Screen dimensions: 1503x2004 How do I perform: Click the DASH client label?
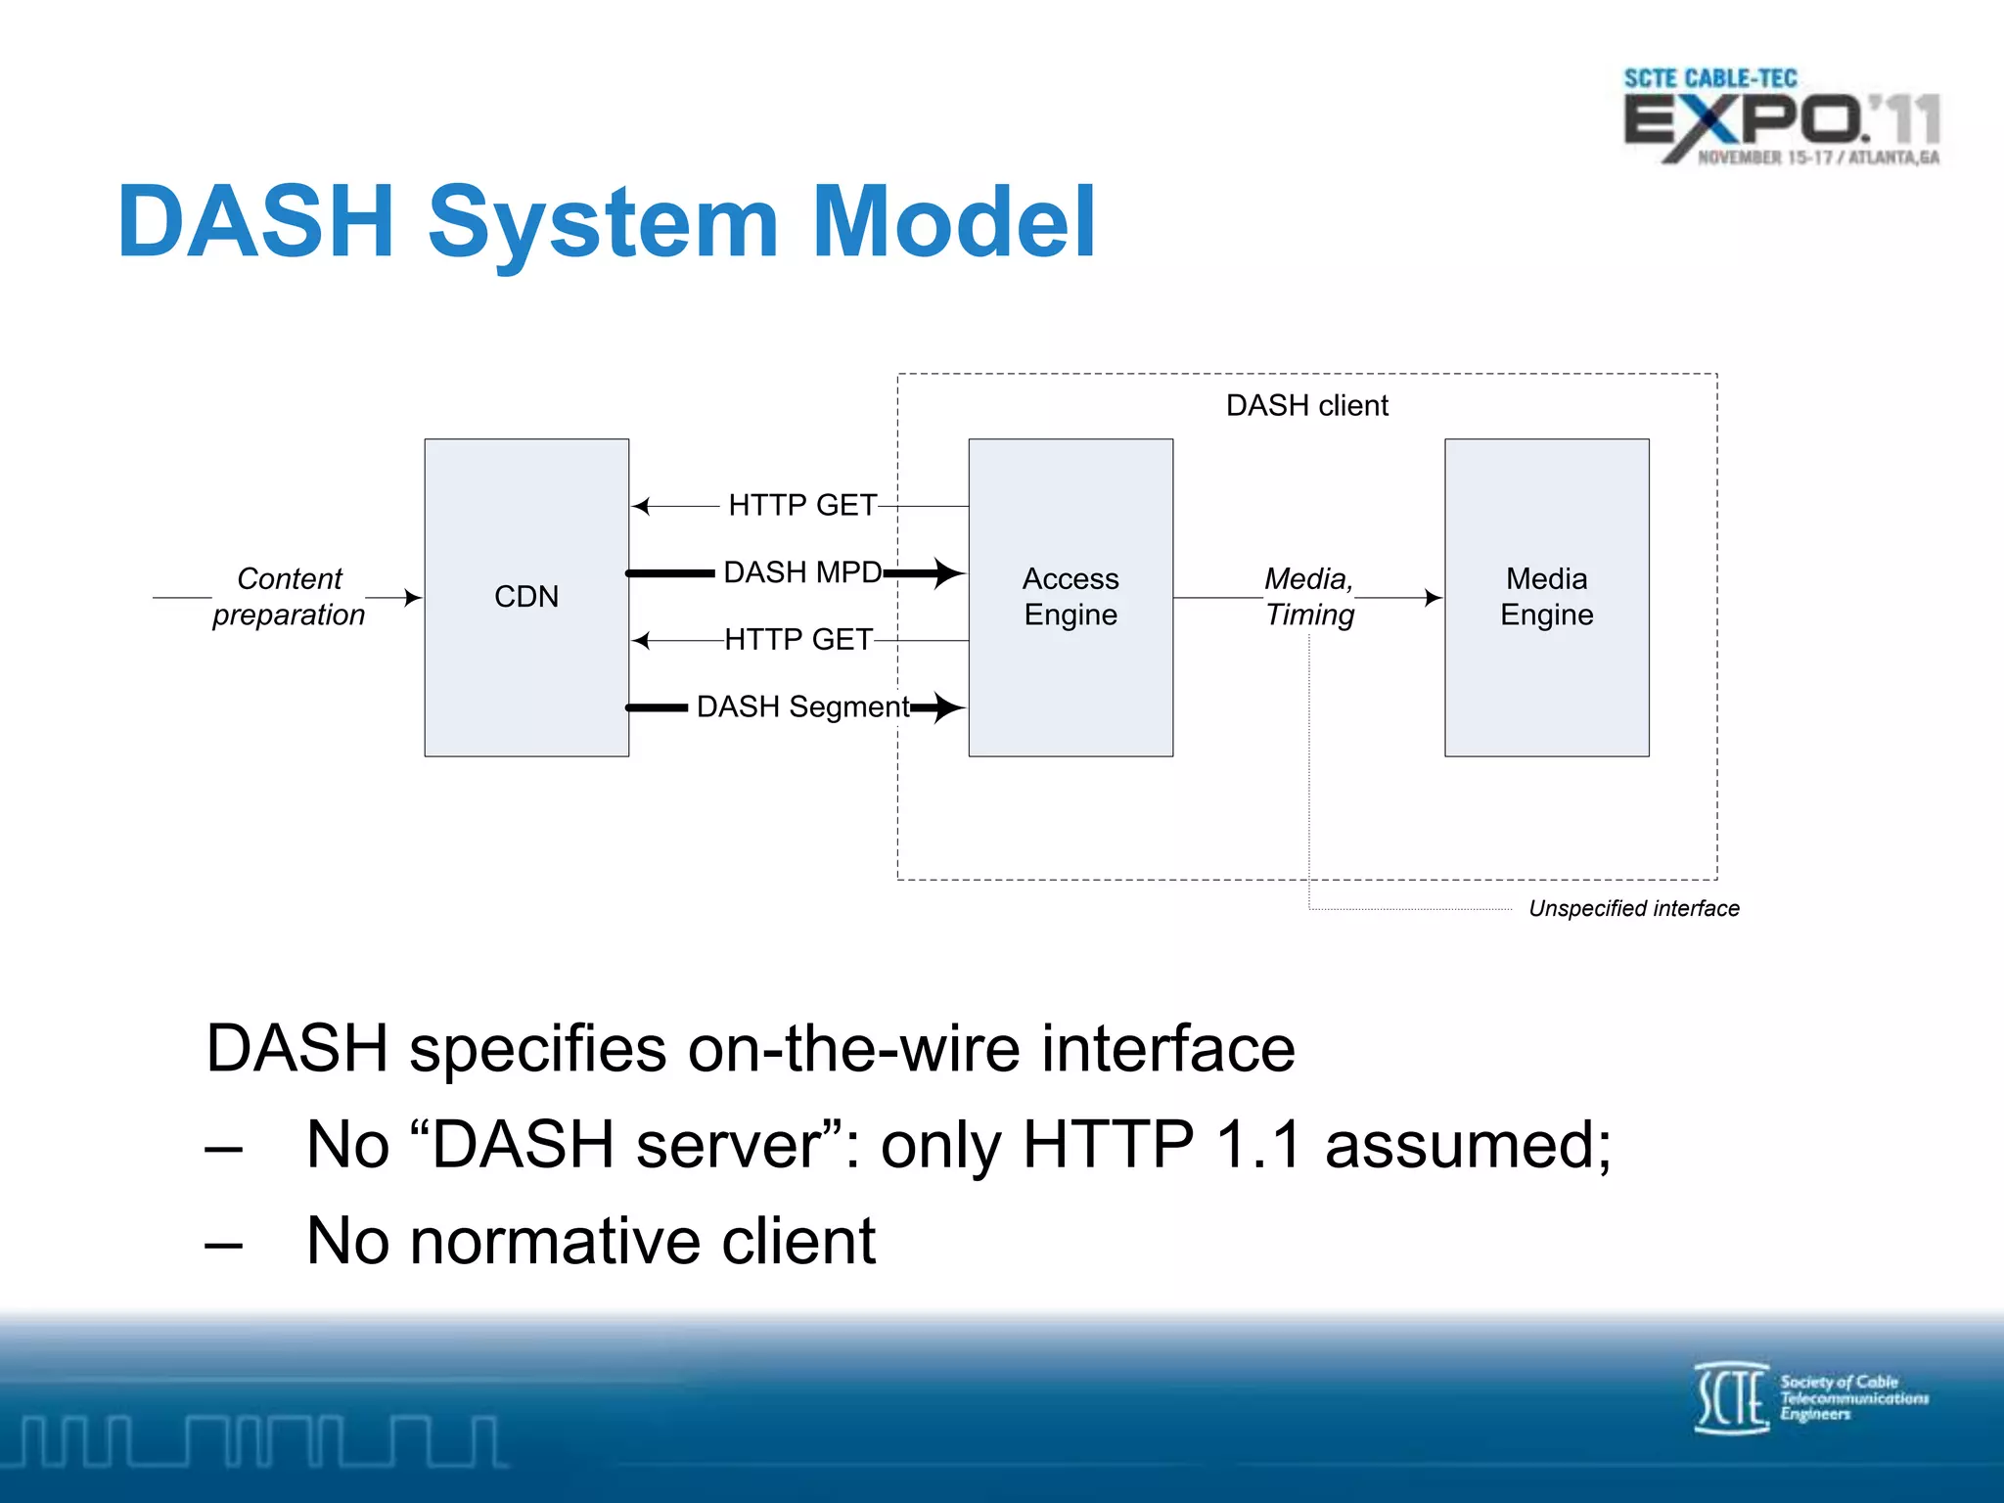[1306, 405]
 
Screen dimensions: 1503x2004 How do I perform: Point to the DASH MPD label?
[802, 572]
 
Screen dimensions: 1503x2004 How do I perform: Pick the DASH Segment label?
[802, 706]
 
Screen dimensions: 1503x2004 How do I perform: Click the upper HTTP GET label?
[802, 505]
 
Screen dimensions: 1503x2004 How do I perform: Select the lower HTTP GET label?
[798, 639]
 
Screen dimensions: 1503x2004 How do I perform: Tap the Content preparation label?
[289, 596]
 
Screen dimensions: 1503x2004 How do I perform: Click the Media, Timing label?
[1309, 596]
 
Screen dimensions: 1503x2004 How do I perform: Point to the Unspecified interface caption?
[1633, 908]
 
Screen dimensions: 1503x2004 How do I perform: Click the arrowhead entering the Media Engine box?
[1434, 597]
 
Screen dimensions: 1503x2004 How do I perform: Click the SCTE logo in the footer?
[1810, 1397]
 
